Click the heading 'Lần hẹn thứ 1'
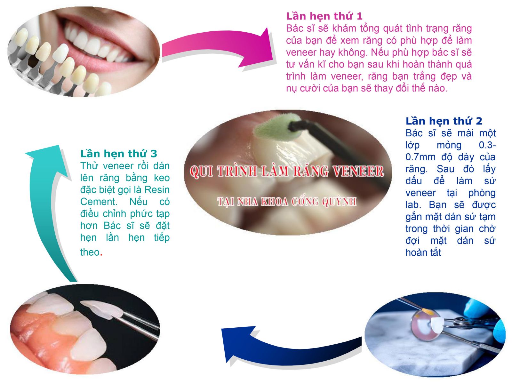(324, 16)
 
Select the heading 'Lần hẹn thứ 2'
(444, 121)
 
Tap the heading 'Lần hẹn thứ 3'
(118, 154)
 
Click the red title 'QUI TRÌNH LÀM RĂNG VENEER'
(287, 172)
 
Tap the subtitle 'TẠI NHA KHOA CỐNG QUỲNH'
(287, 202)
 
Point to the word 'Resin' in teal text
(157, 190)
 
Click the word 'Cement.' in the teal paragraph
(99, 202)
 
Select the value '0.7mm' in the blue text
(420, 157)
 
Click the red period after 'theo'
(101, 255)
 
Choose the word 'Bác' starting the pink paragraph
(295, 28)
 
